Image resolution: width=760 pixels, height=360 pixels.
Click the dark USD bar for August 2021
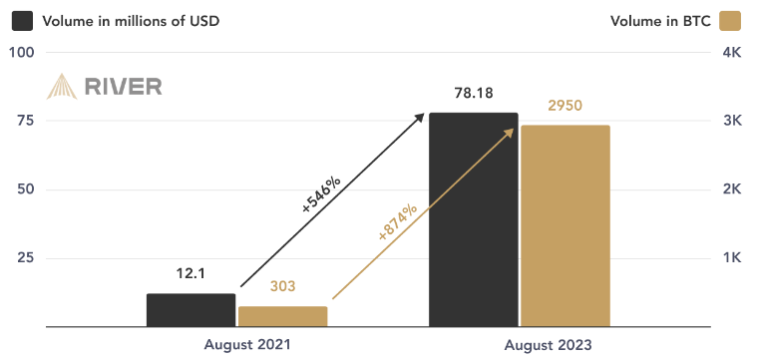coord(190,310)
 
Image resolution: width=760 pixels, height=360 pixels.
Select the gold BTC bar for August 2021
coord(282,316)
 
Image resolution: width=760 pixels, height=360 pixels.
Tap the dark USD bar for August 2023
coord(474,219)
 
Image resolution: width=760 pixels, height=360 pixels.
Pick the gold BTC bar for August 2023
coord(565,225)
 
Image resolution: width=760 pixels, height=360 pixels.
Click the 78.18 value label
coord(474,95)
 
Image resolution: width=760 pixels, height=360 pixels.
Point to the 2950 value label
coord(565,106)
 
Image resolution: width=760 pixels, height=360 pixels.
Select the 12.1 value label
coord(190,273)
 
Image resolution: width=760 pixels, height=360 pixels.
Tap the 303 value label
coord(283,287)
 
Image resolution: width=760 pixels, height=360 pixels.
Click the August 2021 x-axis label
coord(247,344)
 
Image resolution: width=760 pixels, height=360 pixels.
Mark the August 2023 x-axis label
coord(548,344)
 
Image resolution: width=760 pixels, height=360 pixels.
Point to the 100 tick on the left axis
coord(21,52)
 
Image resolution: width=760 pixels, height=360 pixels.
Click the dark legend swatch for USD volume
coord(21,20)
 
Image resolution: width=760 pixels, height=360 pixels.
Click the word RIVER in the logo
coord(123,86)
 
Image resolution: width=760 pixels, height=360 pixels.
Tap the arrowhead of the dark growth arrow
coord(421,117)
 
